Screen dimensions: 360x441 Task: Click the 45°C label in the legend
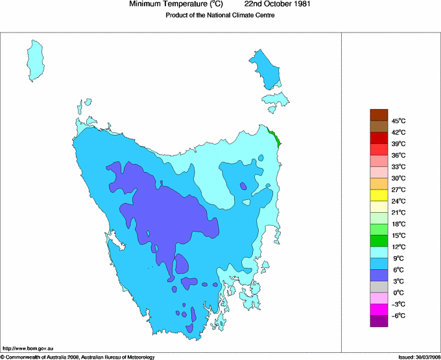point(398,121)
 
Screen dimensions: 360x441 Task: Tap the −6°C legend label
point(398,315)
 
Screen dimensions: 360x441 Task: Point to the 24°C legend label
point(398,201)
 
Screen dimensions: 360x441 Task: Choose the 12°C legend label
point(398,246)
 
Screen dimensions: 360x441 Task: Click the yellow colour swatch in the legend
point(379,195)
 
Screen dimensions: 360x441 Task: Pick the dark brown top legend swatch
point(379,115)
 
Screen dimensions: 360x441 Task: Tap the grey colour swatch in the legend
point(379,287)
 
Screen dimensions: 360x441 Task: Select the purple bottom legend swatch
point(379,321)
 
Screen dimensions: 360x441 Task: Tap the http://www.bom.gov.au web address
point(29,348)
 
